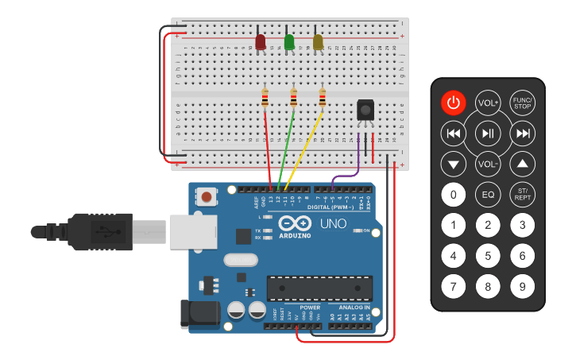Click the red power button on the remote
pos(453,103)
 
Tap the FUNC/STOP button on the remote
pos(522,103)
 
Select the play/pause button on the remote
pos(488,134)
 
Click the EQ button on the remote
pos(488,195)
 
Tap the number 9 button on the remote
pos(522,286)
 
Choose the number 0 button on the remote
pos(453,195)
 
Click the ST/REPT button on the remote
pos(522,195)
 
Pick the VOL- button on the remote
pos(488,165)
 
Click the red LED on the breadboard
pos(261,41)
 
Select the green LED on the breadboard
pos(289,41)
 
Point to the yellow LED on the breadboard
pos(318,41)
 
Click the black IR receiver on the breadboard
pos(365,110)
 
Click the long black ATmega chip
pos(319,288)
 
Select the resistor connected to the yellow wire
pos(322,98)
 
